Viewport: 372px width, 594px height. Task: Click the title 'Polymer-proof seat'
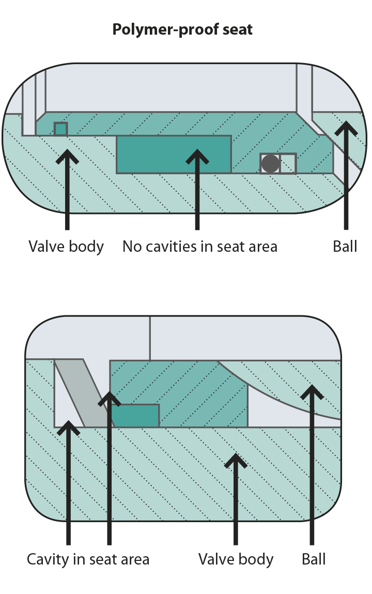pos(182,29)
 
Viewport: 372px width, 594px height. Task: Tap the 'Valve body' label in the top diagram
pos(66,247)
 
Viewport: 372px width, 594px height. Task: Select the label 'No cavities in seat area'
pos(199,247)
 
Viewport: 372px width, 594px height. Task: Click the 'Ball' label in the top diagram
pos(345,247)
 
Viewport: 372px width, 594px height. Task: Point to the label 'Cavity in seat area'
pos(88,559)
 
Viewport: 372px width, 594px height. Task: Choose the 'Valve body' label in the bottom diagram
pos(236,559)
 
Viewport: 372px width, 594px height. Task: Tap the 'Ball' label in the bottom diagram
pos(313,559)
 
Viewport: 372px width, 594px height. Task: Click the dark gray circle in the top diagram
pos(270,164)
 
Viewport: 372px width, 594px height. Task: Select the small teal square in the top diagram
pos(61,129)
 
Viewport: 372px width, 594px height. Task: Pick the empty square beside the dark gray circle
pos(288,164)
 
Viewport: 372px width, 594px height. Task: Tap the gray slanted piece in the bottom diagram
pos(83,393)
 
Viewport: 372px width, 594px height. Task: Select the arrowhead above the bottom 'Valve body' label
pos(236,459)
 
